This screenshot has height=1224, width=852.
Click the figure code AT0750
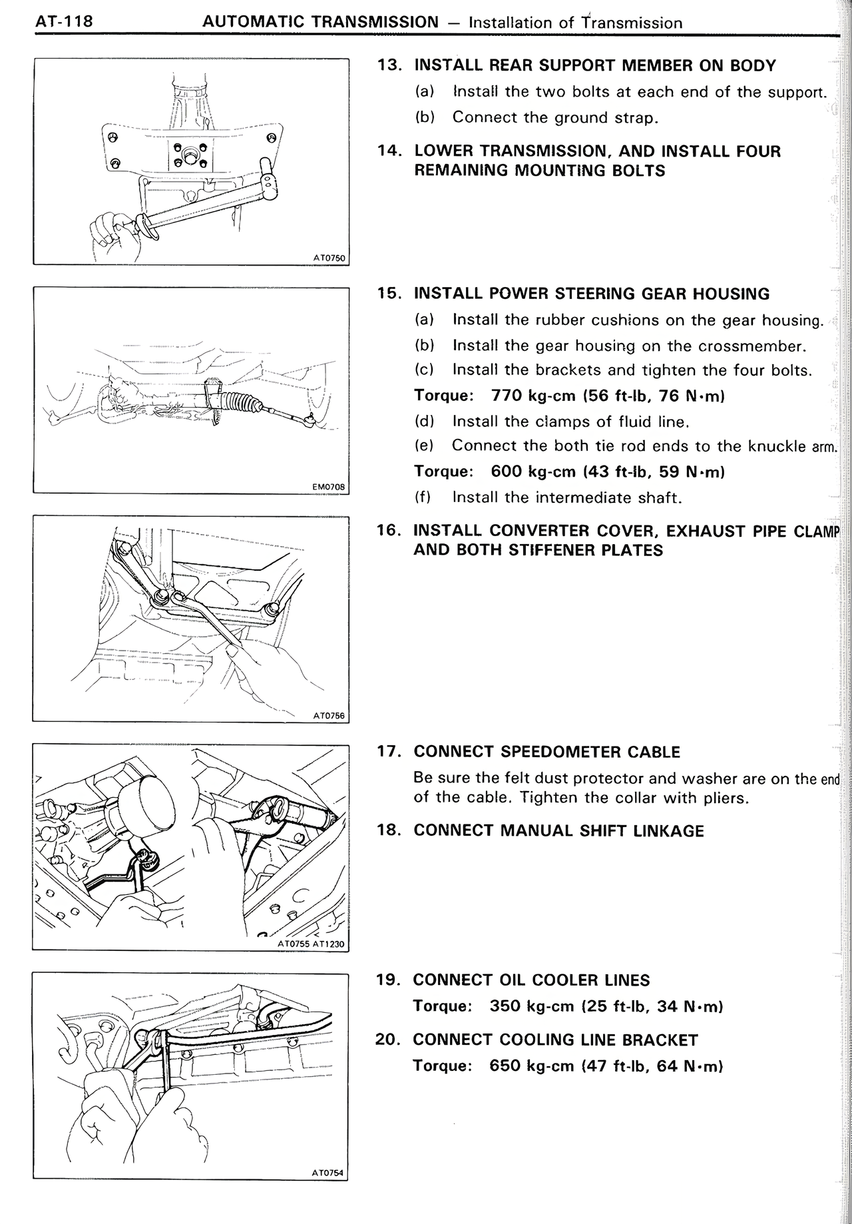coord(329,258)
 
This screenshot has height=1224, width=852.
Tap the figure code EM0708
coord(329,487)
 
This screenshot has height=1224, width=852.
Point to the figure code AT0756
coord(329,716)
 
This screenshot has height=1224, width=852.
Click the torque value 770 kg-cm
coord(533,396)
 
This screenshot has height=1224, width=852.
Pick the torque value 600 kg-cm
coord(533,471)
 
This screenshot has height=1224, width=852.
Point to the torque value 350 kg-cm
coord(532,1006)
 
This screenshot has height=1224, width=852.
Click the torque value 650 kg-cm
coord(532,1066)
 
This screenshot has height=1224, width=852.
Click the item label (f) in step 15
coord(423,497)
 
